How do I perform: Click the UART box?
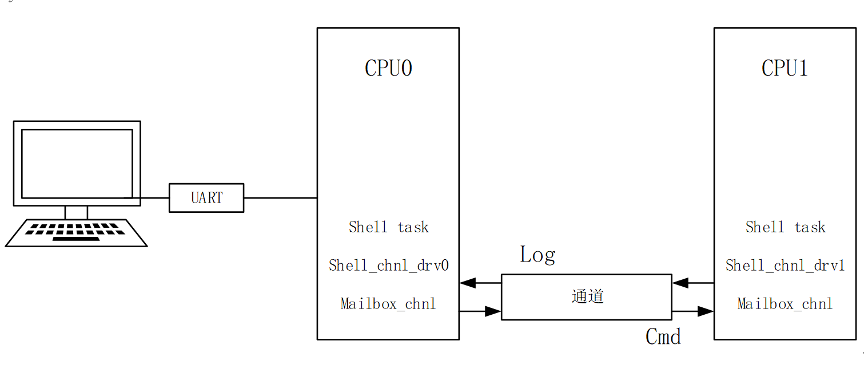click(206, 198)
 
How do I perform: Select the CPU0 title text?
click(388, 69)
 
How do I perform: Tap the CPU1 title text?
click(785, 69)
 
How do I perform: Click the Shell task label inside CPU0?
click(388, 227)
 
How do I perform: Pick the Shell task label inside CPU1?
click(785, 227)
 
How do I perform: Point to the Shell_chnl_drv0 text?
click(388, 266)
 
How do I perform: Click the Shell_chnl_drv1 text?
click(785, 266)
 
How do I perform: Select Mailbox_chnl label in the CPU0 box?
click(388, 304)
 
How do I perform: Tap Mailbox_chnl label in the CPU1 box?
click(785, 304)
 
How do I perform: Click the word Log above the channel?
click(537, 255)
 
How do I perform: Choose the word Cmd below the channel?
click(663, 337)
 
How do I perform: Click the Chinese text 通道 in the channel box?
click(587, 296)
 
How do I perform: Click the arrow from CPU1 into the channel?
click(692, 283)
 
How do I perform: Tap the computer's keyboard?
click(76, 233)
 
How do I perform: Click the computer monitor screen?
click(77, 163)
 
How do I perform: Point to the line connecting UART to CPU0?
click(280, 198)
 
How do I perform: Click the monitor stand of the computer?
click(76, 212)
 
